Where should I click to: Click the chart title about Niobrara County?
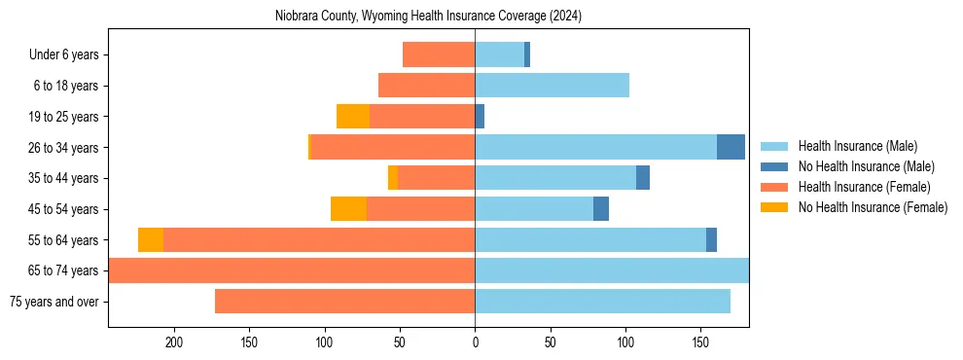pyautogui.click(x=428, y=17)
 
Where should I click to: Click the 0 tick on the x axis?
pyautogui.click(x=475, y=342)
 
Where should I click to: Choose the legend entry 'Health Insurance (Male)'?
pyautogui.click(x=857, y=146)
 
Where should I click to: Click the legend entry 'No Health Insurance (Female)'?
pyautogui.click(x=873, y=207)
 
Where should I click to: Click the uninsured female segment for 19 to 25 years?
pyautogui.click(x=353, y=117)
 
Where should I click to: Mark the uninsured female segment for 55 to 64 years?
pyautogui.click(x=151, y=240)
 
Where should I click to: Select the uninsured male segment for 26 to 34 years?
pyautogui.click(x=731, y=147)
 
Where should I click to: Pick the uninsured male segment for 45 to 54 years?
pyautogui.click(x=601, y=209)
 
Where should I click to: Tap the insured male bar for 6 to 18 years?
pyautogui.click(x=552, y=86)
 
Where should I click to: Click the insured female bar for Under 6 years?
pyautogui.click(x=439, y=54)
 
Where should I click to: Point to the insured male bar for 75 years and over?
pyautogui.click(x=602, y=302)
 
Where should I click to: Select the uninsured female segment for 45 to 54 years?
pyautogui.click(x=348, y=209)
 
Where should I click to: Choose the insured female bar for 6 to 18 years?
pyautogui.click(x=426, y=86)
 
